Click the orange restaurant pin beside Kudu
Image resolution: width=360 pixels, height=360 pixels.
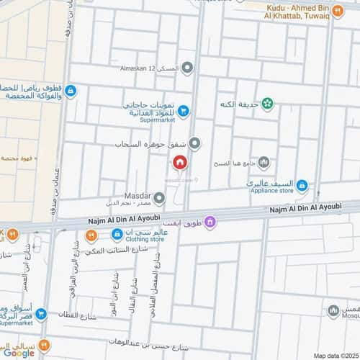(x=338, y=11)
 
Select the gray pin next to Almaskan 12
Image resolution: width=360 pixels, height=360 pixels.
(x=187, y=68)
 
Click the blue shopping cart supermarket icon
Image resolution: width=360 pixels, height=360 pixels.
(x=184, y=110)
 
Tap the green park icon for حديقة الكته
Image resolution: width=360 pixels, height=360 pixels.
(x=268, y=104)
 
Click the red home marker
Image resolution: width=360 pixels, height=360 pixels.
(x=179, y=163)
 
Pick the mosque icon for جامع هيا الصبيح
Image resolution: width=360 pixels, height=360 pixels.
(x=264, y=162)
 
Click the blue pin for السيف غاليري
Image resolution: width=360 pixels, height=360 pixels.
(x=302, y=186)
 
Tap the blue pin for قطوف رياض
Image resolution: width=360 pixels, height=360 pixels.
(x=70, y=91)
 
